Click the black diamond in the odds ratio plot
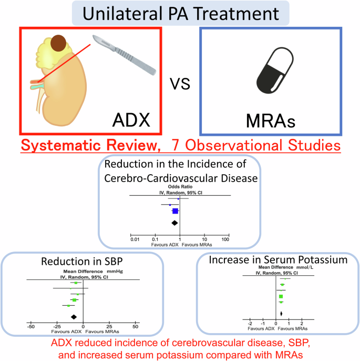[x=176, y=223]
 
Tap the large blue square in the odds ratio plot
[x=175, y=211]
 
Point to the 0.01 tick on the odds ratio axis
[x=135, y=240]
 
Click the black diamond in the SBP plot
[x=74, y=316]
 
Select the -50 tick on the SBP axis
[x=31, y=326]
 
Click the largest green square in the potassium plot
[x=281, y=296]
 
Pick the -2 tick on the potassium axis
[x=251, y=323]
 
